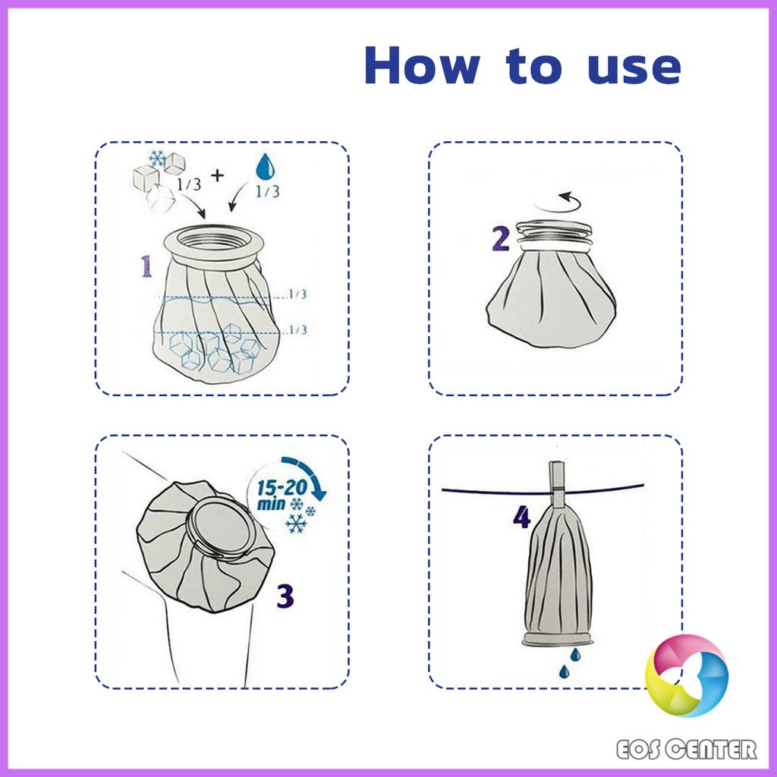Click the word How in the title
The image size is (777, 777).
(x=422, y=65)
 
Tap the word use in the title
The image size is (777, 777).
(x=634, y=69)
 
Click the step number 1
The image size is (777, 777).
(x=146, y=266)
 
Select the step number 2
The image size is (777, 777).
(x=501, y=239)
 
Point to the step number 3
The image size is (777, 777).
(x=285, y=596)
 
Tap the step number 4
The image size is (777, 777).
(x=522, y=517)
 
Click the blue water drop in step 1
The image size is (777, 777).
(x=265, y=166)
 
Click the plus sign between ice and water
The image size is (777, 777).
(x=217, y=175)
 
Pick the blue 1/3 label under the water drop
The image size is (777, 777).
(x=268, y=191)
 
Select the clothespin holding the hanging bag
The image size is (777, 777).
(x=557, y=486)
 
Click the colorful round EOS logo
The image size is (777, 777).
(x=686, y=675)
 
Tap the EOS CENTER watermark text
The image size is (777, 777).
(x=686, y=749)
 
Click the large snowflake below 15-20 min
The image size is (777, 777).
(x=297, y=524)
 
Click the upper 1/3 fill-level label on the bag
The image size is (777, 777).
(x=297, y=294)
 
